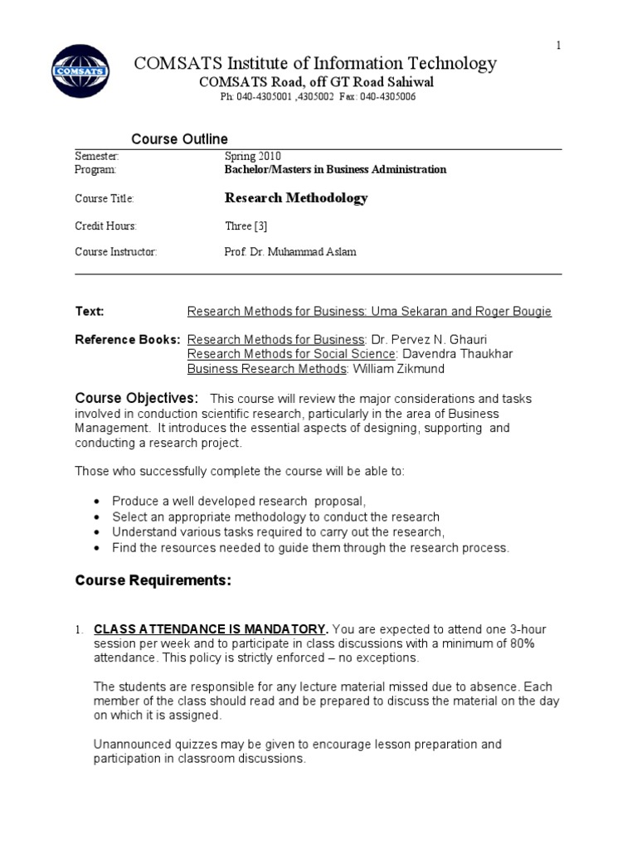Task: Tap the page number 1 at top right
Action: point(558,45)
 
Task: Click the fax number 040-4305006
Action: point(389,97)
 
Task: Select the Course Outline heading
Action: point(180,138)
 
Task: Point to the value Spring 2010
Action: point(253,156)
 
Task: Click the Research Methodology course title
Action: point(296,198)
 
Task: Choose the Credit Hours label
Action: point(105,226)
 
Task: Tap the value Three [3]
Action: point(246,226)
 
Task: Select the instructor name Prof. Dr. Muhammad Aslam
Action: point(290,252)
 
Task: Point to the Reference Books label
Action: point(128,340)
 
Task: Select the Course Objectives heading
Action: point(137,398)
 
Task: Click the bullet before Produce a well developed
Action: point(98,502)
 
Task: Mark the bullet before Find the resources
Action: point(98,548)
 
